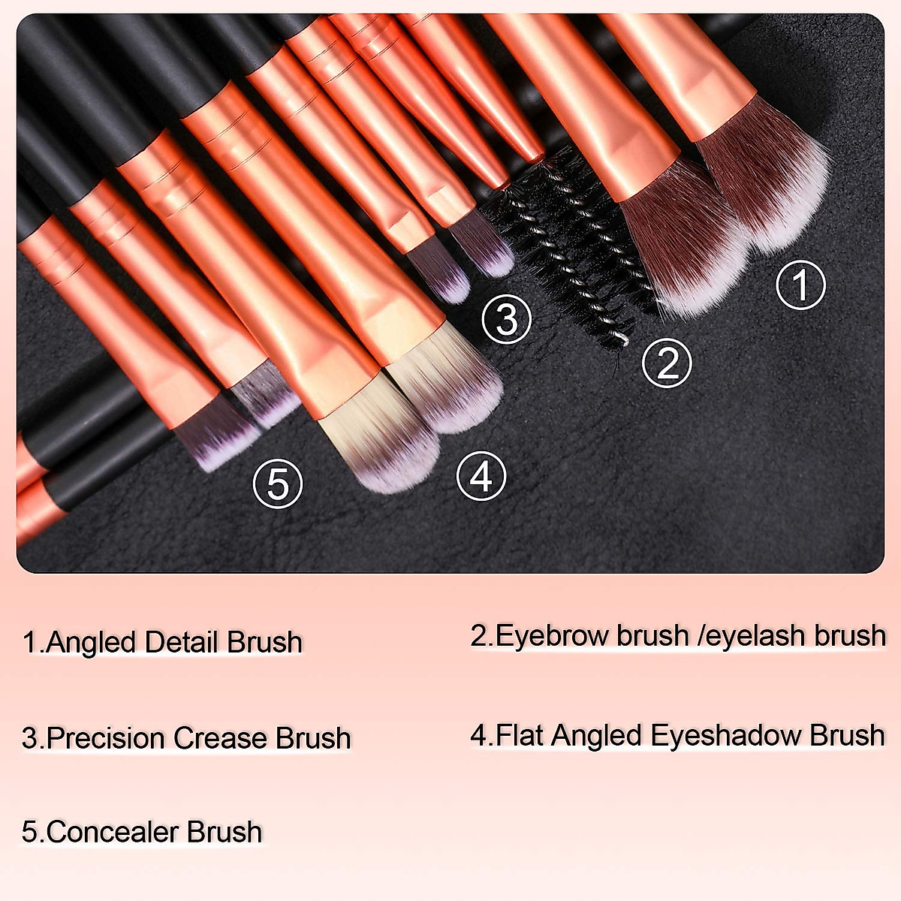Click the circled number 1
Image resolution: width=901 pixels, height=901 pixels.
(800, 285)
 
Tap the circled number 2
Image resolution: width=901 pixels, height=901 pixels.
(667, 363)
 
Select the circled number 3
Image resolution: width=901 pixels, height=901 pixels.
(507, 319)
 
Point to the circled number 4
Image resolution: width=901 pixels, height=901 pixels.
(481, 476)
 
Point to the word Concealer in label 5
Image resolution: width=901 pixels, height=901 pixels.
(111, 832)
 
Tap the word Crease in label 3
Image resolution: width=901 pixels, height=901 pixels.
(220, 738)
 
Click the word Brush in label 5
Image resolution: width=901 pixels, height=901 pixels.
(224, 832)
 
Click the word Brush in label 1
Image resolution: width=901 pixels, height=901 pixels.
(264, 643)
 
